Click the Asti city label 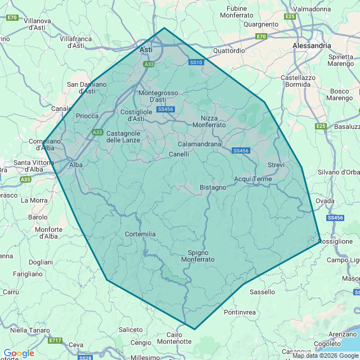[x=146, y=50]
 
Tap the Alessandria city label [x=312, y=45]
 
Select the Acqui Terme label [x=253, y=179]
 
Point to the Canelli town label [x=179, y=154]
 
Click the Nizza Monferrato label [x=213, y=121]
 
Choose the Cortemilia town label [x=140, y=234]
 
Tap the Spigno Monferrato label [x=197, y=256]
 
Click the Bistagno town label [x=213, y=187]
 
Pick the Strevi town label [x=276, y=165]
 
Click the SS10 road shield [x=196, y=62]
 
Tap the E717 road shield [x=55, y=340]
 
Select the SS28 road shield [x=85, y=358]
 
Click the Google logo [x=19, y=353]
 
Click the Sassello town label [x=262, y=292]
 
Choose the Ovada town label [x=325, y=200]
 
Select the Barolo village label [x=38, y=217]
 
